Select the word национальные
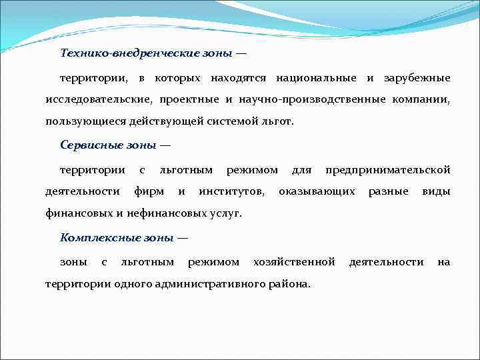click(313, 78)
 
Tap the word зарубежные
click(417, 78)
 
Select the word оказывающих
click(317, 192)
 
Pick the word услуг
click(225, 214)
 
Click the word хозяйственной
click(294, 261)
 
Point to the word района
click(289, 283)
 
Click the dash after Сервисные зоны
click(165, 145)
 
